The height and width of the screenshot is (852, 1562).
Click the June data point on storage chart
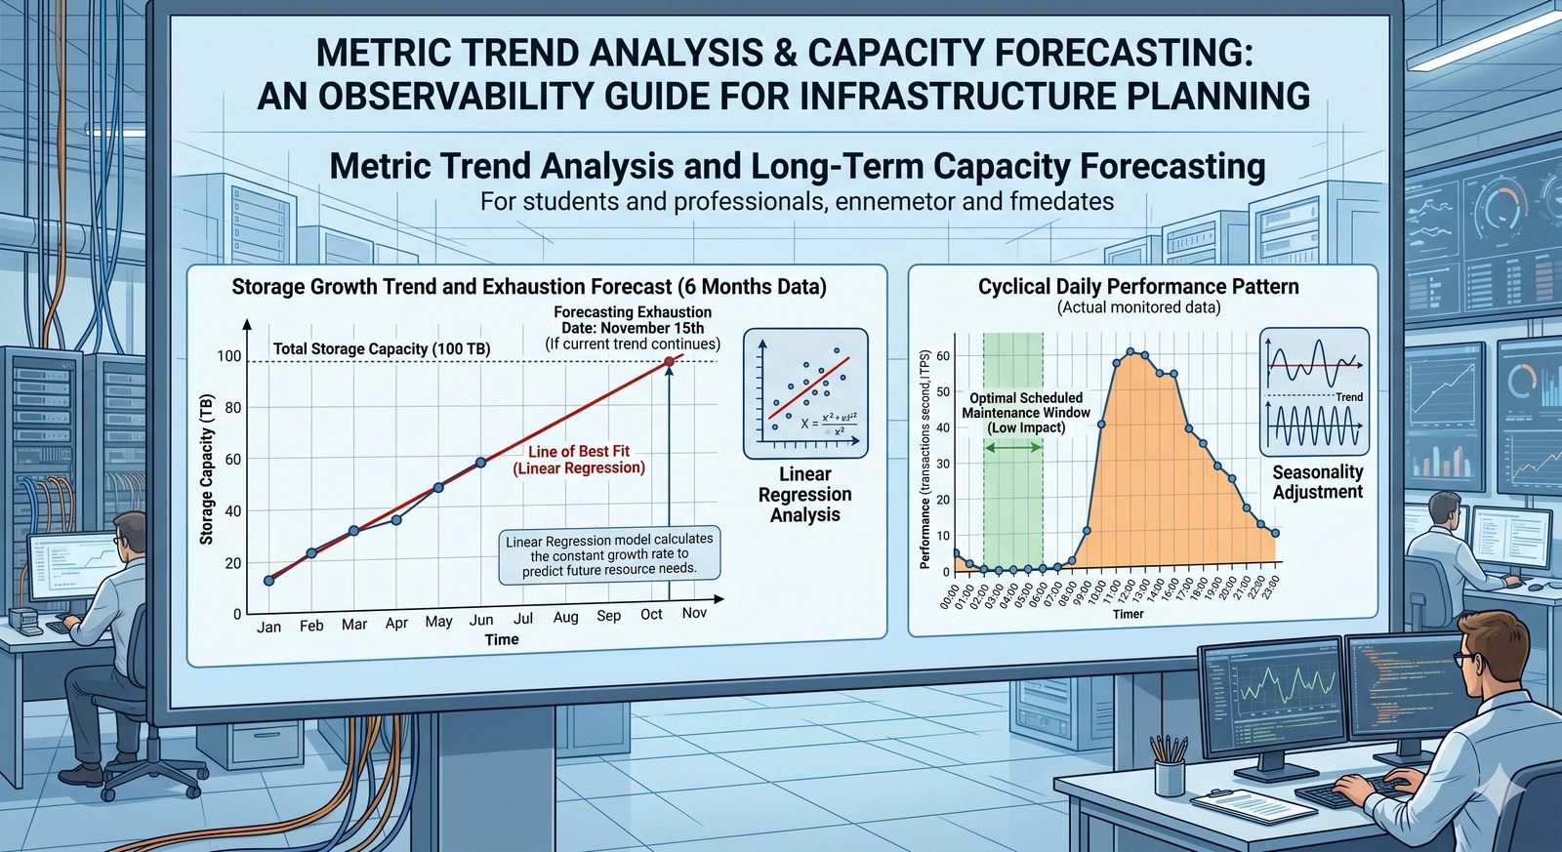point(480,463)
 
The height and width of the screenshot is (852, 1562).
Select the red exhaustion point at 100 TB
point(669,362)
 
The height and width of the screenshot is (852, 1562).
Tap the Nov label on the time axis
point(694,613)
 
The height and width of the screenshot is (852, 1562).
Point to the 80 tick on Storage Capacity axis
point(232,408)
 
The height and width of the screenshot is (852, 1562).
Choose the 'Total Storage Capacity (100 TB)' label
point(382,348)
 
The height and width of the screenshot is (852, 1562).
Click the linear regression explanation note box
point(609,554)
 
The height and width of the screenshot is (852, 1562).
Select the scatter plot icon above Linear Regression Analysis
point(805,393)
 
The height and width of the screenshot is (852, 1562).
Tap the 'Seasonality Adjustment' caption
point(1317,482)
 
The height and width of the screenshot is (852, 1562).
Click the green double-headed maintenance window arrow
point(1013,447)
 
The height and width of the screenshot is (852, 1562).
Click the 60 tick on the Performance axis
point(943,356)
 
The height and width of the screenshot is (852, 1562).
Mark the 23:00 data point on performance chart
point(1275,533)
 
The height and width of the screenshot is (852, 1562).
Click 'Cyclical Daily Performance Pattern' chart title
point(1138,287)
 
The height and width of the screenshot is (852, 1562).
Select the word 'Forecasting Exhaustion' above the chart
point(633,312)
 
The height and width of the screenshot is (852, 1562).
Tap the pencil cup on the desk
point(1169,770)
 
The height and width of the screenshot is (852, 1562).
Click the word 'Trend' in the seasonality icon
point(1349,397)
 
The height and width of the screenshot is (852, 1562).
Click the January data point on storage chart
point(269,581)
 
